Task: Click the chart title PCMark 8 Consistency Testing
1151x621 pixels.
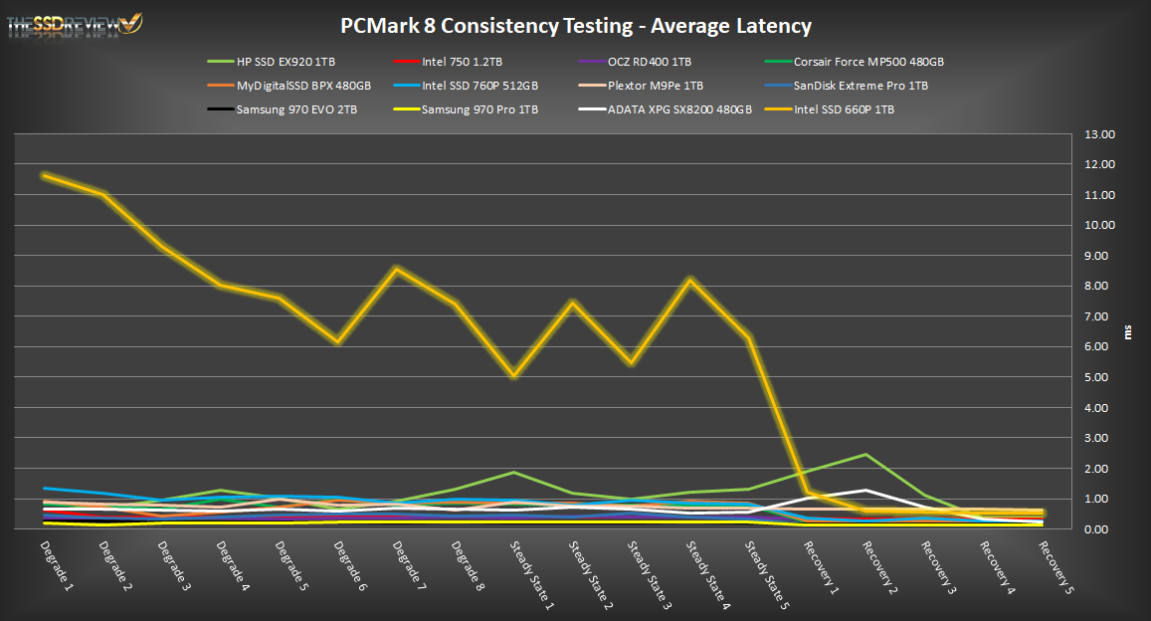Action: [x=575, y=25]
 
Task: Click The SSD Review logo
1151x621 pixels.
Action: [x=75, y=23]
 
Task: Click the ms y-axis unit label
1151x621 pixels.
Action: [x=1128, y=331]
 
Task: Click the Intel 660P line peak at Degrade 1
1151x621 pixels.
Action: [x=45, y=175]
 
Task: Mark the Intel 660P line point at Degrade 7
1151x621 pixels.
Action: [x=397, y=269]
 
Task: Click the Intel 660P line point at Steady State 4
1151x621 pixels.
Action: [x=690, y=280]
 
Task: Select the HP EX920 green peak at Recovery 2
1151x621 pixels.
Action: [x=865, y=455]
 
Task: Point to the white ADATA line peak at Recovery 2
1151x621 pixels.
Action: [x=865, y=491]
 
